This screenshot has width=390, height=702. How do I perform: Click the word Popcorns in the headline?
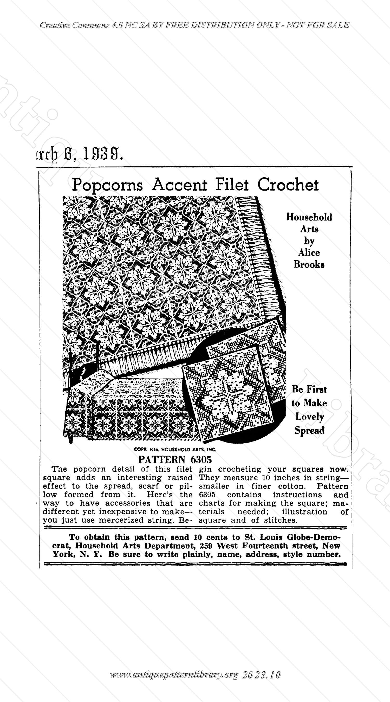pos(107,185)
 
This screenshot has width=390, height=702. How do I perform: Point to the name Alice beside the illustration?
pos(309,253)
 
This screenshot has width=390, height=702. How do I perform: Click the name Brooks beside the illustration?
pos(309,265)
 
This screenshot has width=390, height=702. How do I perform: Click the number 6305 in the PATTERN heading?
pos(201,459)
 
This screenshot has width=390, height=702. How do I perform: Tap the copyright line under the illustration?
pos(175,449)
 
